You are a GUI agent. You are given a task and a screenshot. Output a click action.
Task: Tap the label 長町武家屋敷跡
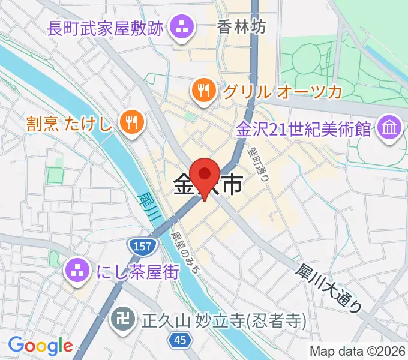104,28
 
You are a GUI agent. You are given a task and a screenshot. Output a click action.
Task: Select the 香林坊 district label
241,27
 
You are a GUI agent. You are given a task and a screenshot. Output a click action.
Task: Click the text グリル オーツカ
281,92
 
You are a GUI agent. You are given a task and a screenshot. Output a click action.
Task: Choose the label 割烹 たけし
69,124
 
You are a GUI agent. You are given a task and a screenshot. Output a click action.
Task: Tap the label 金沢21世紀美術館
304,129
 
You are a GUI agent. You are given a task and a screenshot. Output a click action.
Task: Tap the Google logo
40,346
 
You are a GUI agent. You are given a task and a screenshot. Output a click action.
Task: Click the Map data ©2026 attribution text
358,350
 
